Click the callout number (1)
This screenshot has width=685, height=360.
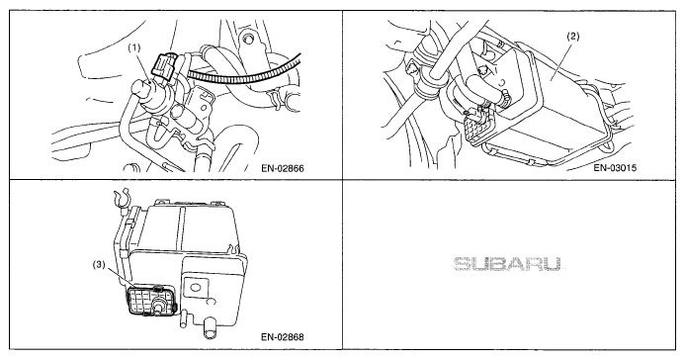coord(134,47)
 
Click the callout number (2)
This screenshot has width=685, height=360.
coord(572,37)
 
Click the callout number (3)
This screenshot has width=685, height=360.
coord(99,265)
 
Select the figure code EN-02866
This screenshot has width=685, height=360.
coord(283,168)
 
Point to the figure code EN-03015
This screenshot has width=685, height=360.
coord(616,168)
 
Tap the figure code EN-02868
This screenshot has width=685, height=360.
coord(283,337)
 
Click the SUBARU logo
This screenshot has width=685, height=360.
coord(508,264)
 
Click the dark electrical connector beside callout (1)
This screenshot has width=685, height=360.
coord(162,66)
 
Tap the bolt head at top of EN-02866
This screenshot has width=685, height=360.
coord(249,39)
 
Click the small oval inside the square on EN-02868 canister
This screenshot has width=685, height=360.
coord(195,287)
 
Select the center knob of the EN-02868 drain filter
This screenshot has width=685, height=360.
coord(159,304)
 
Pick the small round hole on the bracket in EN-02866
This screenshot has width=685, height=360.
coord(203,106)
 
